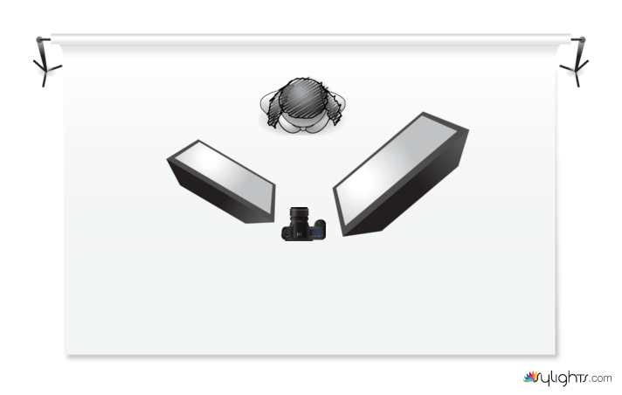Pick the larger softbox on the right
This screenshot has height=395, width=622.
(400, 175)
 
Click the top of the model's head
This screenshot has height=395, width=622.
(301, 98)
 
